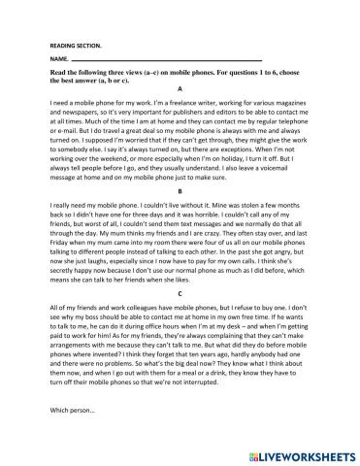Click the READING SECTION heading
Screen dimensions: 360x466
75,46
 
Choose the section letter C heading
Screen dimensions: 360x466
180,292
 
